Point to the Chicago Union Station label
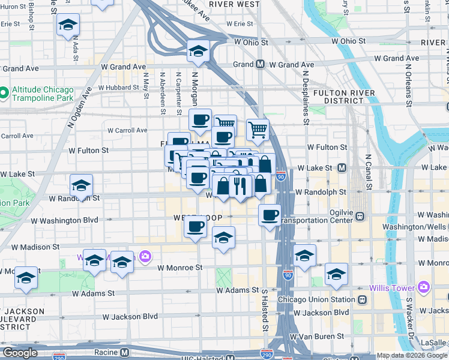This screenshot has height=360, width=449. click(x=317, y=299)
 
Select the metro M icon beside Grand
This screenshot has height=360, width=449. click(x=261, y=64)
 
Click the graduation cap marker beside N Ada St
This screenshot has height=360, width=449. click(x=68, y=26)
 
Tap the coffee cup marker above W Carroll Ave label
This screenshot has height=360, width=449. click(x=200, y=118)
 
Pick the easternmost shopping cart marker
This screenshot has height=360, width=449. click(x=258, y=128)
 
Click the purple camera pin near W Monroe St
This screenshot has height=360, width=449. click(x=145, y=257)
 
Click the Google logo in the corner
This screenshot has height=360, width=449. click(x=19, y=353)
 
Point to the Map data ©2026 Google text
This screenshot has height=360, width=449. click(x=412, y=355)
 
